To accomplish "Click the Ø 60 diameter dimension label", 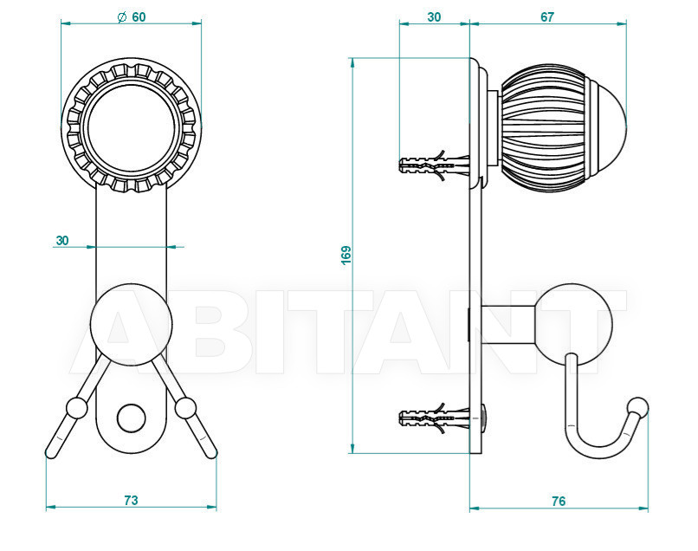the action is tap(132, 17).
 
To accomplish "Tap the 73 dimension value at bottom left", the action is tap(131, 500).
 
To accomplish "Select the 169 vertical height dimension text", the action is tap(346, 255).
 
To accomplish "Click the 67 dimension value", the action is tap(547, 17).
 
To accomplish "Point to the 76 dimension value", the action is tap(559, 501).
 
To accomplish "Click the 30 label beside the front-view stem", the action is tap(62, 241).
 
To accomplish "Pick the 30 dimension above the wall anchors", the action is tap(434, 17).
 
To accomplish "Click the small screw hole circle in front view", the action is tap(132, 418).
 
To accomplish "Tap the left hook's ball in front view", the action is tap(76, 408).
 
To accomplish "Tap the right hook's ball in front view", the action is tap(185, 408).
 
